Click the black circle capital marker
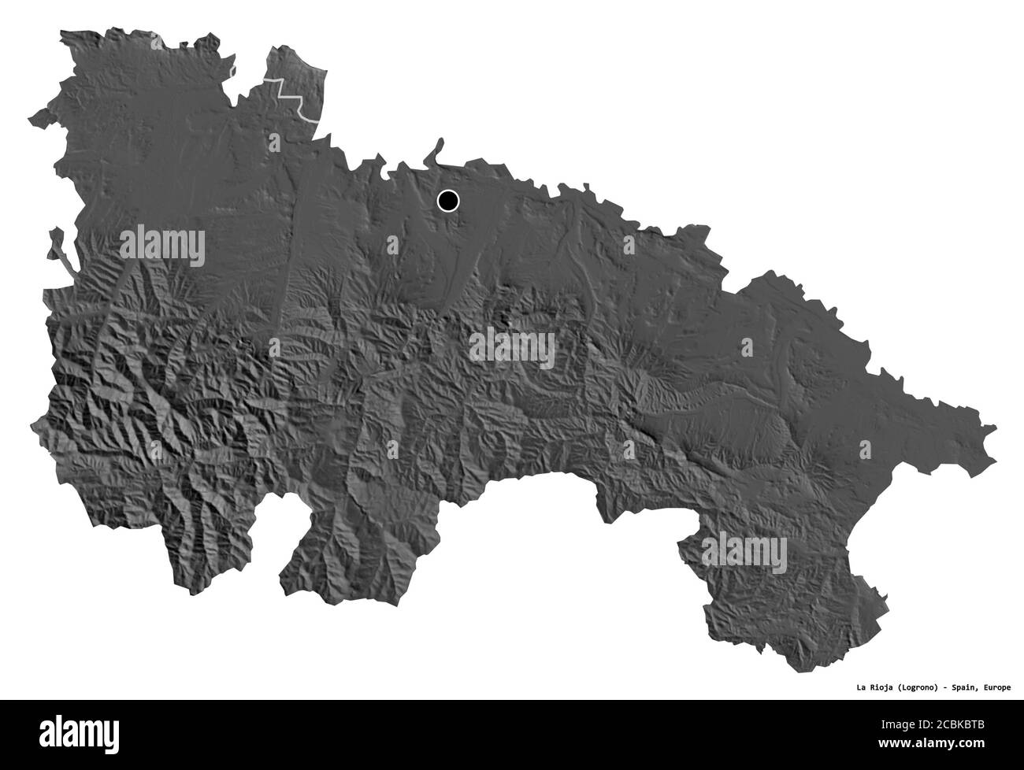[x=447, y=202]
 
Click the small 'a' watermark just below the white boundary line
[x=274, y=143]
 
